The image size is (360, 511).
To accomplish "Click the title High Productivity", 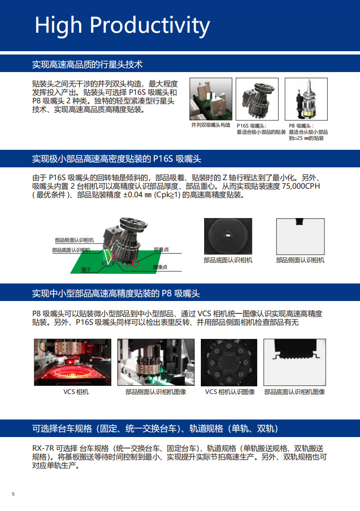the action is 122,26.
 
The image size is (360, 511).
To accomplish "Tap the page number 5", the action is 13,494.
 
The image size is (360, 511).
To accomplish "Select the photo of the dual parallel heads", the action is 211,99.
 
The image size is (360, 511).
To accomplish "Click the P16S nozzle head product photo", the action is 257,99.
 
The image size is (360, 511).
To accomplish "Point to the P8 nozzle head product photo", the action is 306,99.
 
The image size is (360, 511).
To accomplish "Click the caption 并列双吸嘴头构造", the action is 211,125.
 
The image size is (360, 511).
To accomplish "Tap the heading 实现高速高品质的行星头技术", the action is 87,64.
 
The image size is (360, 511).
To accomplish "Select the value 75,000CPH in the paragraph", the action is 301,186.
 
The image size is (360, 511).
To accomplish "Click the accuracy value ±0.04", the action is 133,195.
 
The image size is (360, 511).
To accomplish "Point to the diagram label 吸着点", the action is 161,250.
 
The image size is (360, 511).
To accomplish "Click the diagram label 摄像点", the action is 160,267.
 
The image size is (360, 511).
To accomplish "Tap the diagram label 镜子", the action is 86,270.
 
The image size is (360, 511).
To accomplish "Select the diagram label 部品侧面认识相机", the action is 74,240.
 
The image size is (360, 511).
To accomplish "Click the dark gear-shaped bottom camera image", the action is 228,236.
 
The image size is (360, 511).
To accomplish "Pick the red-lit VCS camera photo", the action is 72,362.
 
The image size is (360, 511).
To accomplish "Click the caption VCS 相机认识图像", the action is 230,392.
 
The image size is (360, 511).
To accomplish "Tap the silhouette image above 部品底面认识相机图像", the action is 295,362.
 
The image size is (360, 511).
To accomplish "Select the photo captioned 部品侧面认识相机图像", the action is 156,362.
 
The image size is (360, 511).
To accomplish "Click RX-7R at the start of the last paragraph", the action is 43,448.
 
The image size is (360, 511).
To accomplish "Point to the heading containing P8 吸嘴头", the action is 116,293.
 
